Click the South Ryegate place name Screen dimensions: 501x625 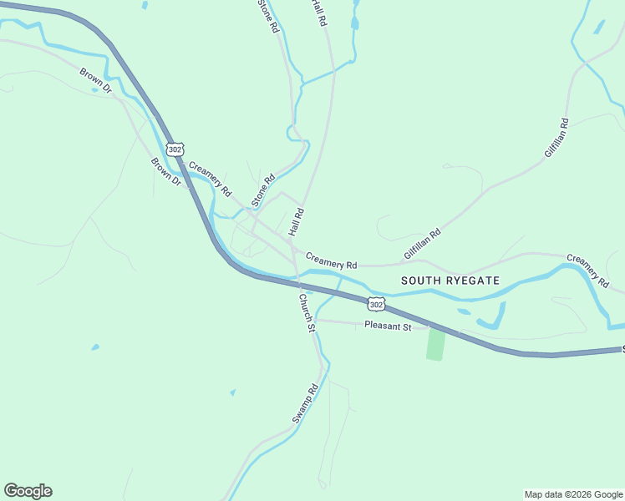pos(450,281)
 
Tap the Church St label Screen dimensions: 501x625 pos(307,313)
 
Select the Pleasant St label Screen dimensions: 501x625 pos(389,326)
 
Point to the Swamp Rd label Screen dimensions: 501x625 pos(306,403)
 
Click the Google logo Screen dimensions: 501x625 pos(28,491)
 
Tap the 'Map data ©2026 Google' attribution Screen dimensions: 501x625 pos(573,494)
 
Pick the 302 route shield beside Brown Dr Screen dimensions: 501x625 pos(174,149)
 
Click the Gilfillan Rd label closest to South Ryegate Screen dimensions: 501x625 pos(421,244)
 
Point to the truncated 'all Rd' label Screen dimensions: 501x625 pos(317,13)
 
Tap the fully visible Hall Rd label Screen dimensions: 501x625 pos(296,221)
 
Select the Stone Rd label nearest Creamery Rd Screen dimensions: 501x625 pos(263,190)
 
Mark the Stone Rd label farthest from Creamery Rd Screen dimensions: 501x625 pos(267,16)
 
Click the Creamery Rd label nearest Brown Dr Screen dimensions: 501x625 pos(210,179)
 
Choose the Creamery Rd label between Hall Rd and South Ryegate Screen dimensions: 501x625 pos(331,260)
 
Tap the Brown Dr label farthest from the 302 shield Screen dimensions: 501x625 pos(96,82)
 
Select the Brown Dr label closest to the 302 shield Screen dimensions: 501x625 pos(165,172)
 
